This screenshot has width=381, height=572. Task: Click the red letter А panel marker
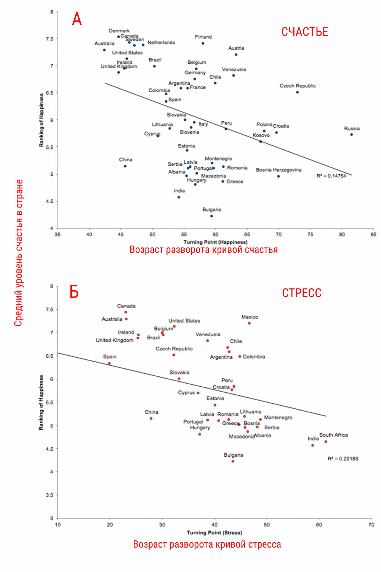(x=77, y=19)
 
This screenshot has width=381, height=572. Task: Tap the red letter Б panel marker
(x=74, y=292)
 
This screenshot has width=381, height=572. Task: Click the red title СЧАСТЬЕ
(x=304, y=32)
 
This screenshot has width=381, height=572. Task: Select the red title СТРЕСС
(x=301, y=293)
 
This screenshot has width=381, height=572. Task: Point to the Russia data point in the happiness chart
(x=352, y=135)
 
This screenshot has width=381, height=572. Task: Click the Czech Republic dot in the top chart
(x=298, y=92)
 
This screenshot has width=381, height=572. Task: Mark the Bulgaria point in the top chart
(x=211, y=216)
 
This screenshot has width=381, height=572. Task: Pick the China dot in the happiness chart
(x=125, y=166)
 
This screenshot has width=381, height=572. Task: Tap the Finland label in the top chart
(x=203, y=37)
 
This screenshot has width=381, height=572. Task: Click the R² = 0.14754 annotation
(x=331, y=176)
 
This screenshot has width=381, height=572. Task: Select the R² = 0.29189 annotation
(x=343, y=459)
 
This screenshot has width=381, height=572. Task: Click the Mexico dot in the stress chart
(x=249, y=323)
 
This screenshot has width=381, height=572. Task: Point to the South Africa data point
(x=326, y=442)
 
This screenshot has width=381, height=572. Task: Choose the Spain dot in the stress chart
(x=109, y=363)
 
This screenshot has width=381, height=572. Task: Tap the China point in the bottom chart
(x=151, y=418)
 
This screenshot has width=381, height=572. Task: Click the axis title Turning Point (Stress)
(x=214, y=533)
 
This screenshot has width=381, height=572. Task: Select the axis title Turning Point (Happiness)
(x=215, y=242)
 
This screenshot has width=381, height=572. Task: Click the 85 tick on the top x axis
(x=373, y=235)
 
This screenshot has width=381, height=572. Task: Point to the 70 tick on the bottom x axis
(x=371, y=525)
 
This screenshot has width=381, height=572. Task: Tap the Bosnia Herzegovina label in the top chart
(x=279, y=170)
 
